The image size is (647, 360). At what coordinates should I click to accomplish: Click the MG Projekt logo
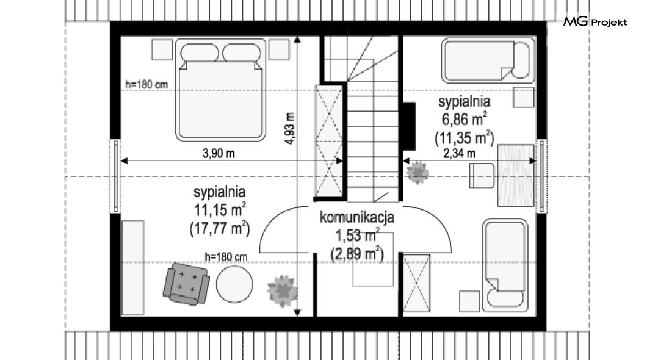click(x=595, y=22)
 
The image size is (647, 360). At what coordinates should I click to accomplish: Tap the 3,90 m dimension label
click(x=219, y=153)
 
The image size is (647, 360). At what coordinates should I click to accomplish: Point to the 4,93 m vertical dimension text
click(x=290, y=128)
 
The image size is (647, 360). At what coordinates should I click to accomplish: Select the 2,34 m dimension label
click(x=459, y=153)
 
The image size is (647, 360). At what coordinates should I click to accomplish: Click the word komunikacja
click(x=357, y=217)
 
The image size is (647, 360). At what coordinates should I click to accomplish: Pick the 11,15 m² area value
click(x=220, y=209)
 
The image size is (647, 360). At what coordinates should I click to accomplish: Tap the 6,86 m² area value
click(x=464, y=119)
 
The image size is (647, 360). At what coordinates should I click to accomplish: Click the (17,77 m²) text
click(x=220, y=228)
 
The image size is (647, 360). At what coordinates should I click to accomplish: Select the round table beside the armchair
click(x=234, y=284)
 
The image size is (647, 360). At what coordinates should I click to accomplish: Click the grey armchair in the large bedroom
click(x=186, y=284)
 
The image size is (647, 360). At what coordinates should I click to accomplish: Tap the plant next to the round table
click(x=282, y=290)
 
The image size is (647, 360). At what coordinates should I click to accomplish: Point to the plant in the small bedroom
click(x=417, y=173)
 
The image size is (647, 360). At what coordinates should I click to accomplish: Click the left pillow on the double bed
click(x=200, y=53)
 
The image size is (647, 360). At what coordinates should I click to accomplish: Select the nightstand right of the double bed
click(x=279, y=49)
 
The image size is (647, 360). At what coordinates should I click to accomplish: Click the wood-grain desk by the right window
click(x=516, y=175)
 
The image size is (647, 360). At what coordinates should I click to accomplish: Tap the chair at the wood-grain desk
click(x=482, y=176)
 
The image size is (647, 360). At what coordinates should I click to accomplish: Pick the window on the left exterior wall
click(x=115, y=176)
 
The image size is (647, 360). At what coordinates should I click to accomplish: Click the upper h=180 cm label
click(x=146, y=85)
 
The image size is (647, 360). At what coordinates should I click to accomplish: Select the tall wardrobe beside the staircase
click(x=329, y=141)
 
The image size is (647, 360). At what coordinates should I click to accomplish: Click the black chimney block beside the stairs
click(x=409, y=126)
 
